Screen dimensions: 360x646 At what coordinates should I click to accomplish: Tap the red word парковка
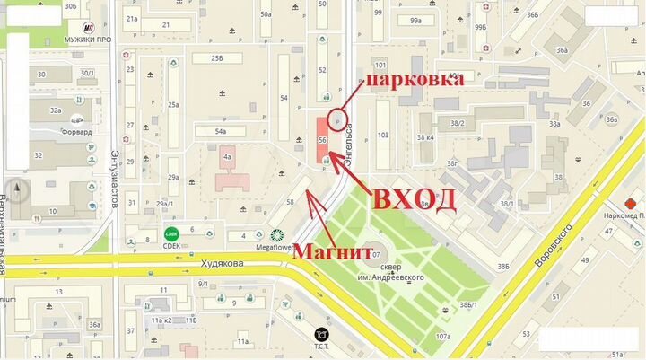pos(413,80)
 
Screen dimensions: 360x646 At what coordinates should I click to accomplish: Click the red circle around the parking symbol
pos(337,118)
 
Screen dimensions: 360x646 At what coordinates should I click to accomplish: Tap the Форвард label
pos(77,131)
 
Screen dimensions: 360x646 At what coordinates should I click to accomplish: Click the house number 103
pos(383,135)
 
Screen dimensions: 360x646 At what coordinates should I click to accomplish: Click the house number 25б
pos(216,57)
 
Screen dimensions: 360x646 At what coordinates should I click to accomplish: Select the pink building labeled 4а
pos(227,158)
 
